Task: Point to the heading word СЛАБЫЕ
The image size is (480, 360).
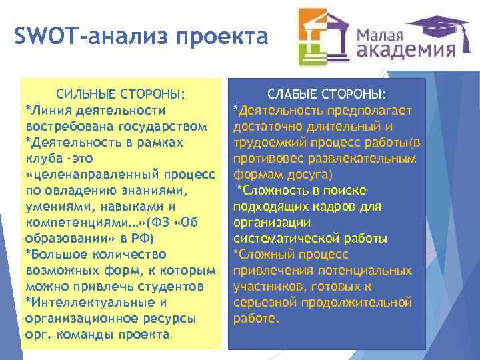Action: pyautogui.click(x=297, y=93)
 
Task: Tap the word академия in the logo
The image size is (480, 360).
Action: pyautogui.click(x=406, y=52)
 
